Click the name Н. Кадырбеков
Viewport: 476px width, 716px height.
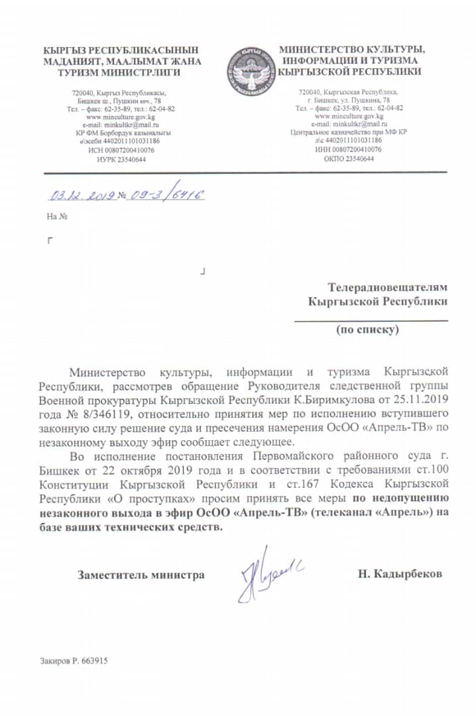pos(400,574)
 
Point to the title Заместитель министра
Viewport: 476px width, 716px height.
pos(141,575)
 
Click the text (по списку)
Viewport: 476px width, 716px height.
pos(367,329)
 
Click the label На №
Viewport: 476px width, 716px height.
pos(58,216)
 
